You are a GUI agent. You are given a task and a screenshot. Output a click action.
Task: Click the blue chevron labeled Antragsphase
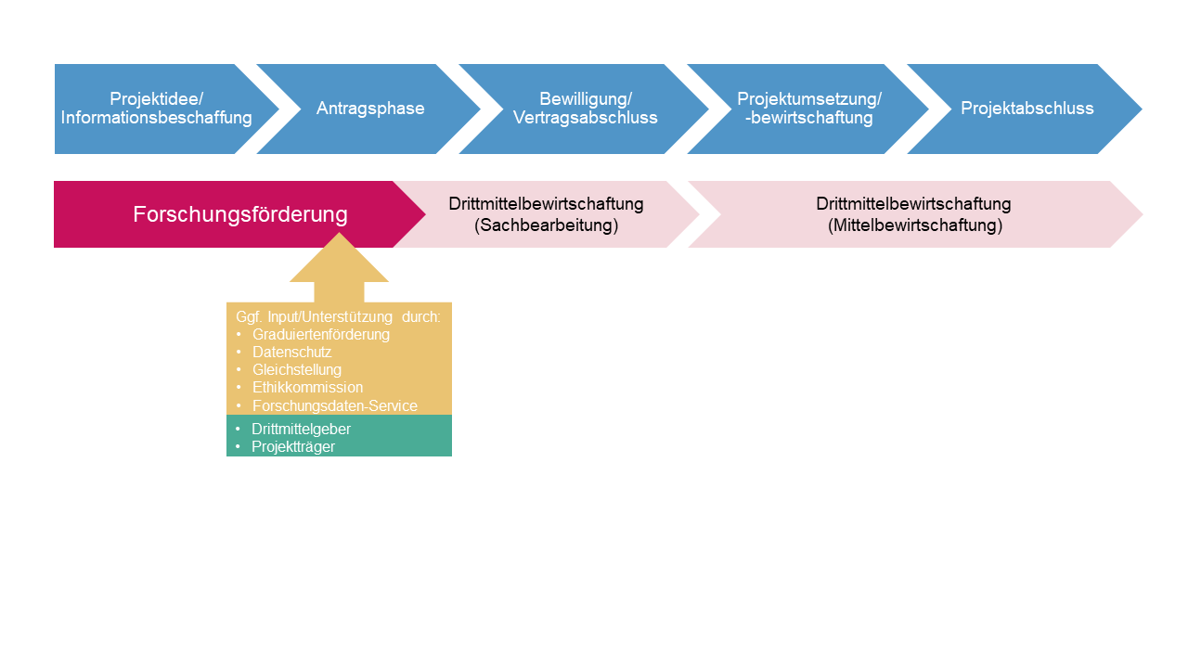pos(370,109)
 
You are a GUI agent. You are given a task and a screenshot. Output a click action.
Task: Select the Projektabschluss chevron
pos(1027,109)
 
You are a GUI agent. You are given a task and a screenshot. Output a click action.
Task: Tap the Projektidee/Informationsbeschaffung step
pos(156,109)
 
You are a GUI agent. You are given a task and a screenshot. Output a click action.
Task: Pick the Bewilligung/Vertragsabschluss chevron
pos(585,109)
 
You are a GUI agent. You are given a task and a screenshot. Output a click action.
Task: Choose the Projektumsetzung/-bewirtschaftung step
pos(808,109)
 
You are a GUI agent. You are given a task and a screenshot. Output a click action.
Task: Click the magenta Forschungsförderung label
pos(239,214)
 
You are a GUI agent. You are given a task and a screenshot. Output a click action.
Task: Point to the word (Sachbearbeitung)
pos(546,225)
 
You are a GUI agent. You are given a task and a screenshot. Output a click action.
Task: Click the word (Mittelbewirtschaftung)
pos(914,225)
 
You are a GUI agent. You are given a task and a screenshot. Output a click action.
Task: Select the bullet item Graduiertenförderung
pos(320,334)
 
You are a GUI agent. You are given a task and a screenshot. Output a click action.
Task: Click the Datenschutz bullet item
pos(291,353)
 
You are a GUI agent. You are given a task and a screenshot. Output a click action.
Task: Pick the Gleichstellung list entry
pos(297,370)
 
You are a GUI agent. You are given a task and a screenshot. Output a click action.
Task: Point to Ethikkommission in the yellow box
pos(307,388)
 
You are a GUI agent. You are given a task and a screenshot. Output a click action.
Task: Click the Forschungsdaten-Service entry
pos(334,405)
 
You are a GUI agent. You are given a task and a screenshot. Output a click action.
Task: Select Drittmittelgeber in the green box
pos(301,429)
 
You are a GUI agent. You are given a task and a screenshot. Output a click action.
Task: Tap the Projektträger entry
pos(292,446)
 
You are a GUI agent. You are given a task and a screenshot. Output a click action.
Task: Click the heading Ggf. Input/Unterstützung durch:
pos(338,316)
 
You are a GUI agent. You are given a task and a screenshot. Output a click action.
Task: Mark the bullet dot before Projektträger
pos(238,446)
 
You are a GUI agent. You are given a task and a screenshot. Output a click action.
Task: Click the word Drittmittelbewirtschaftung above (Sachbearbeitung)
pos(546,204)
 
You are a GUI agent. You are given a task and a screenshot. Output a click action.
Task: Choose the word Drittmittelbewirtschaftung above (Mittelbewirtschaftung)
pos(913,204)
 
